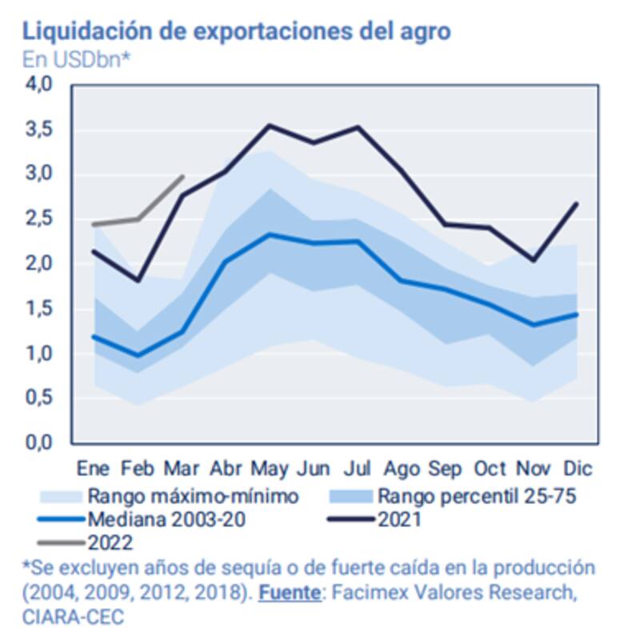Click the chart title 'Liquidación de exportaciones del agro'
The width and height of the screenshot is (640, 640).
pos(237,31)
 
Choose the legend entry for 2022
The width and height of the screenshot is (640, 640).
pos(111,542)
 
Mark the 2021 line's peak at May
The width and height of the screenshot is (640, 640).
pos(270,125)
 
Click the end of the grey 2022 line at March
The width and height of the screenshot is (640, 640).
pos(183,177)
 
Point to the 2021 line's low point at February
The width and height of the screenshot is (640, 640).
pos(138,280)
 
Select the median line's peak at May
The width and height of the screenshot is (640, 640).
pos(270,234)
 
